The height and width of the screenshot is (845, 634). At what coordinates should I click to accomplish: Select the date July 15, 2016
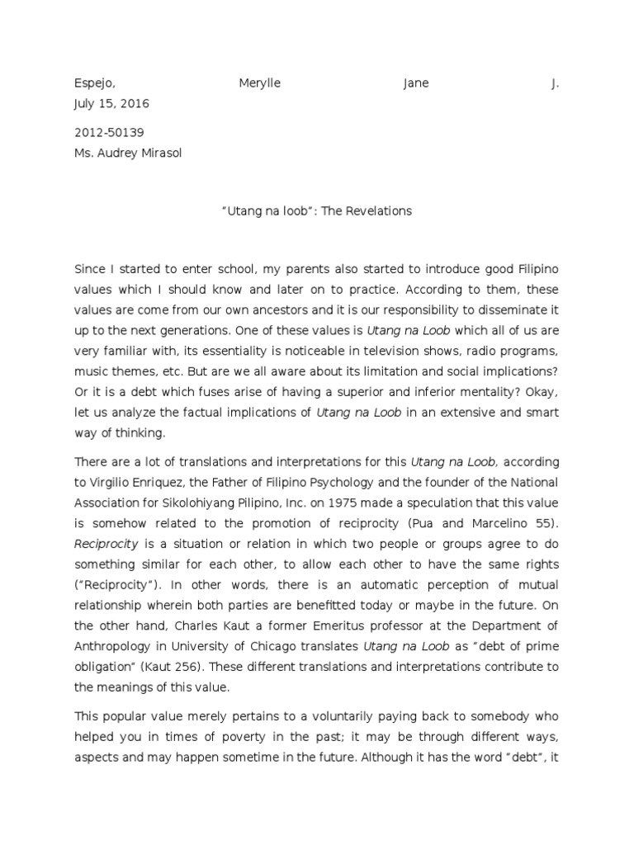[x=112, y=104]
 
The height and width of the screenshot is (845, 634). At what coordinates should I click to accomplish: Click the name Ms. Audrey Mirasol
[x=128, y=153]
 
